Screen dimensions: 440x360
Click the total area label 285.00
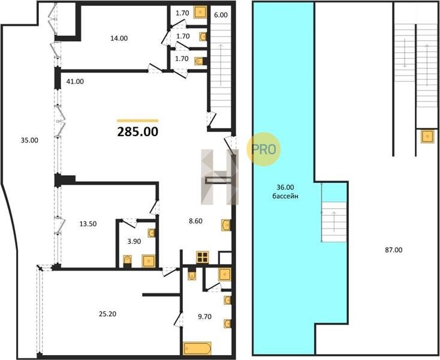[138, 132]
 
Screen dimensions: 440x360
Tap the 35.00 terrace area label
[29, 140]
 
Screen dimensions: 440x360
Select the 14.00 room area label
[119, 38]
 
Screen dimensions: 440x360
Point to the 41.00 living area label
[75, 82]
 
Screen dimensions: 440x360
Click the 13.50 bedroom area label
[88, 224]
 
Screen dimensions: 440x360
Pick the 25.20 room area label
[107, 314]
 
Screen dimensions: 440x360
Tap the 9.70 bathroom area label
[204, 317]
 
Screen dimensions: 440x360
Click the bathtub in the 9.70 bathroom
[197, 349]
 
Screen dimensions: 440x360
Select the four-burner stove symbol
[203, 257]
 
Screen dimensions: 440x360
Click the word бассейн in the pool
[285, 196]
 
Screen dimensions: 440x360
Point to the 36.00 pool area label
[285, 187]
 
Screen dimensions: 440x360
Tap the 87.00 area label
[393, 250]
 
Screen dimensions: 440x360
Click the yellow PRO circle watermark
[264, 149]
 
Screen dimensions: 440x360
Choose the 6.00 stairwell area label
[221, 15]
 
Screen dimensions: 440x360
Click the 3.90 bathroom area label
[134, 241]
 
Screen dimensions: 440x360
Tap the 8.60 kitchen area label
[195, 221]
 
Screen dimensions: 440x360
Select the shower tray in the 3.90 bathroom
[149, 261]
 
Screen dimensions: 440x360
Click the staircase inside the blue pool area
[334, 222]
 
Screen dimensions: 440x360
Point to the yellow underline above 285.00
[137, 121]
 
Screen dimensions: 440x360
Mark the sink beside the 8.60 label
[226, 225]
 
